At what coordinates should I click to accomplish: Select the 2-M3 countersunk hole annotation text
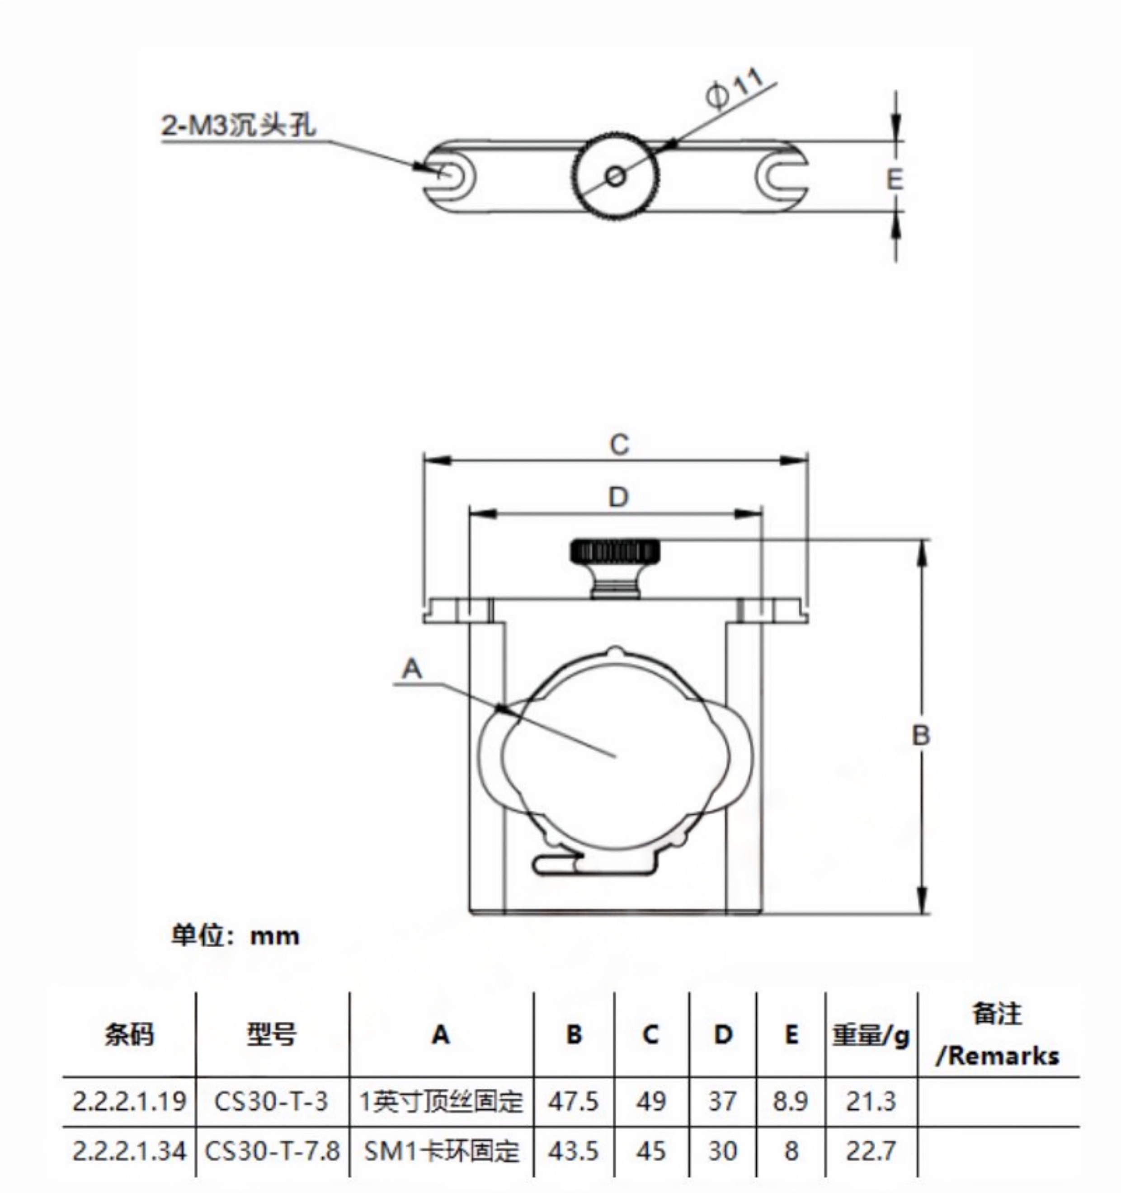pyautogui.click(x=238, y=126)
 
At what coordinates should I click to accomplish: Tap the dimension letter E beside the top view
pyautogui.click(x=894, y=179)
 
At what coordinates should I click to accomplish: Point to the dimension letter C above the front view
pyautogui.click(x=619, y=445)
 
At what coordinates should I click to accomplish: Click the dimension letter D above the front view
pyautogui.click(x=618, y=497)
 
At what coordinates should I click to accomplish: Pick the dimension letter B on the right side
pyautogui.click(x=921, y=735)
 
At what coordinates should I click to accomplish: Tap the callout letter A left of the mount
pyautogui.click(x=412, y=668)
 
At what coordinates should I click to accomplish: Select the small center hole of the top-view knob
pyautogui.click(x=615, y=176)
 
